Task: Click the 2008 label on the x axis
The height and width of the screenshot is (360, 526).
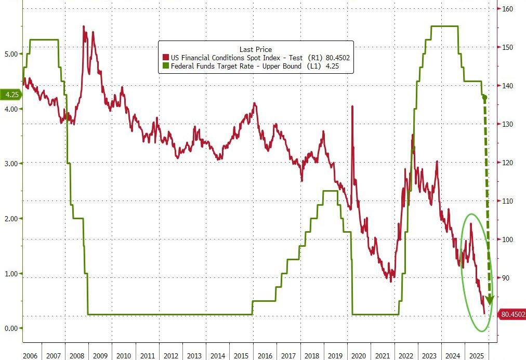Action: [x=76, y=355]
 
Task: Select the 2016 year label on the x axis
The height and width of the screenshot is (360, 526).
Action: [x=265, y=355]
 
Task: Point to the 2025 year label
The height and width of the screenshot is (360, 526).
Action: [x=476, y=355]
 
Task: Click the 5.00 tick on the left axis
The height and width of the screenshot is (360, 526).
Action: [x=11, y=54]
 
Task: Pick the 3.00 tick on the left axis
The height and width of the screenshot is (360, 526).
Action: [x=11, y=163]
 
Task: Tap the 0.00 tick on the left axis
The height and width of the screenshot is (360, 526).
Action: [x=11, y=328]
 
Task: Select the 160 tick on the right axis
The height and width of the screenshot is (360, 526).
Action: [x=507, y=9]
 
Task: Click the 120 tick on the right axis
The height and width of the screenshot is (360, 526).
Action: [x=507, y=163]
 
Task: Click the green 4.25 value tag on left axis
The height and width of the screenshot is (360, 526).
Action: [x=10, y=95]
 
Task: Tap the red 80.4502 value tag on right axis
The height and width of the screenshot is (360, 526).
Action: [x=512, y=314]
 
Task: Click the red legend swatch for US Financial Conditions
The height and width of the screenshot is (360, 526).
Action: [x=166, y=58]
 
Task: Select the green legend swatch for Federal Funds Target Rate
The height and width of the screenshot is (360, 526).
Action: [x=166, y=66]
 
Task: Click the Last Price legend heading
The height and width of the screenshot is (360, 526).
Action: [x=255, y=49]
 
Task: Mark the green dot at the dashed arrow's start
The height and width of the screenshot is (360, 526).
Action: [x=484, y=98]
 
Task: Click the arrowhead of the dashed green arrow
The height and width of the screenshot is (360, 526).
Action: [x=489, y=301]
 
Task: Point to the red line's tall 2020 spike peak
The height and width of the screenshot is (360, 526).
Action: [x=352, y=106]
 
